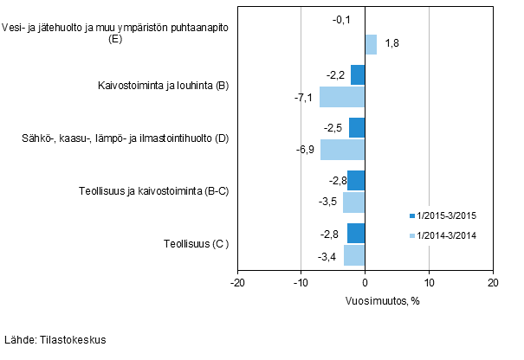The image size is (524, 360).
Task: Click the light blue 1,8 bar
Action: click(x=371, y=44)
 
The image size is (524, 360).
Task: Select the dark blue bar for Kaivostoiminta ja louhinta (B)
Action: click(x=358, y=75)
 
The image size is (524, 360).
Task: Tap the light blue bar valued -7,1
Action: click(x=342, y=97)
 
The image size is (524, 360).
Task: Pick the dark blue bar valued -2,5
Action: click(x=357, y=128)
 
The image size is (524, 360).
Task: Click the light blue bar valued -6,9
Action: click(x=343, y=150)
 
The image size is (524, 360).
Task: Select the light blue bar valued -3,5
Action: click(x=353, y=202)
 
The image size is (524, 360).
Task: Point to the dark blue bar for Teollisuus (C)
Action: click(x=356, y=234)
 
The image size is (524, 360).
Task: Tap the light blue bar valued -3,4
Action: click(x=354, y=255)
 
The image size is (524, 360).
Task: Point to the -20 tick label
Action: click(x=236, y=283)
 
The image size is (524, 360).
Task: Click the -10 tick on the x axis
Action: click(x=300, y=283)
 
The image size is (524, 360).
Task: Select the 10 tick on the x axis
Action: click(x=429, y=283)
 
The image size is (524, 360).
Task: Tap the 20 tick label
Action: click(x=492, y=283)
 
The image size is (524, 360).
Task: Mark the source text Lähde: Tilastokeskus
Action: click(x=55, y=340)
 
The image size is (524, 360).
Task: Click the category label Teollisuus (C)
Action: click(x=196, y=245)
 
